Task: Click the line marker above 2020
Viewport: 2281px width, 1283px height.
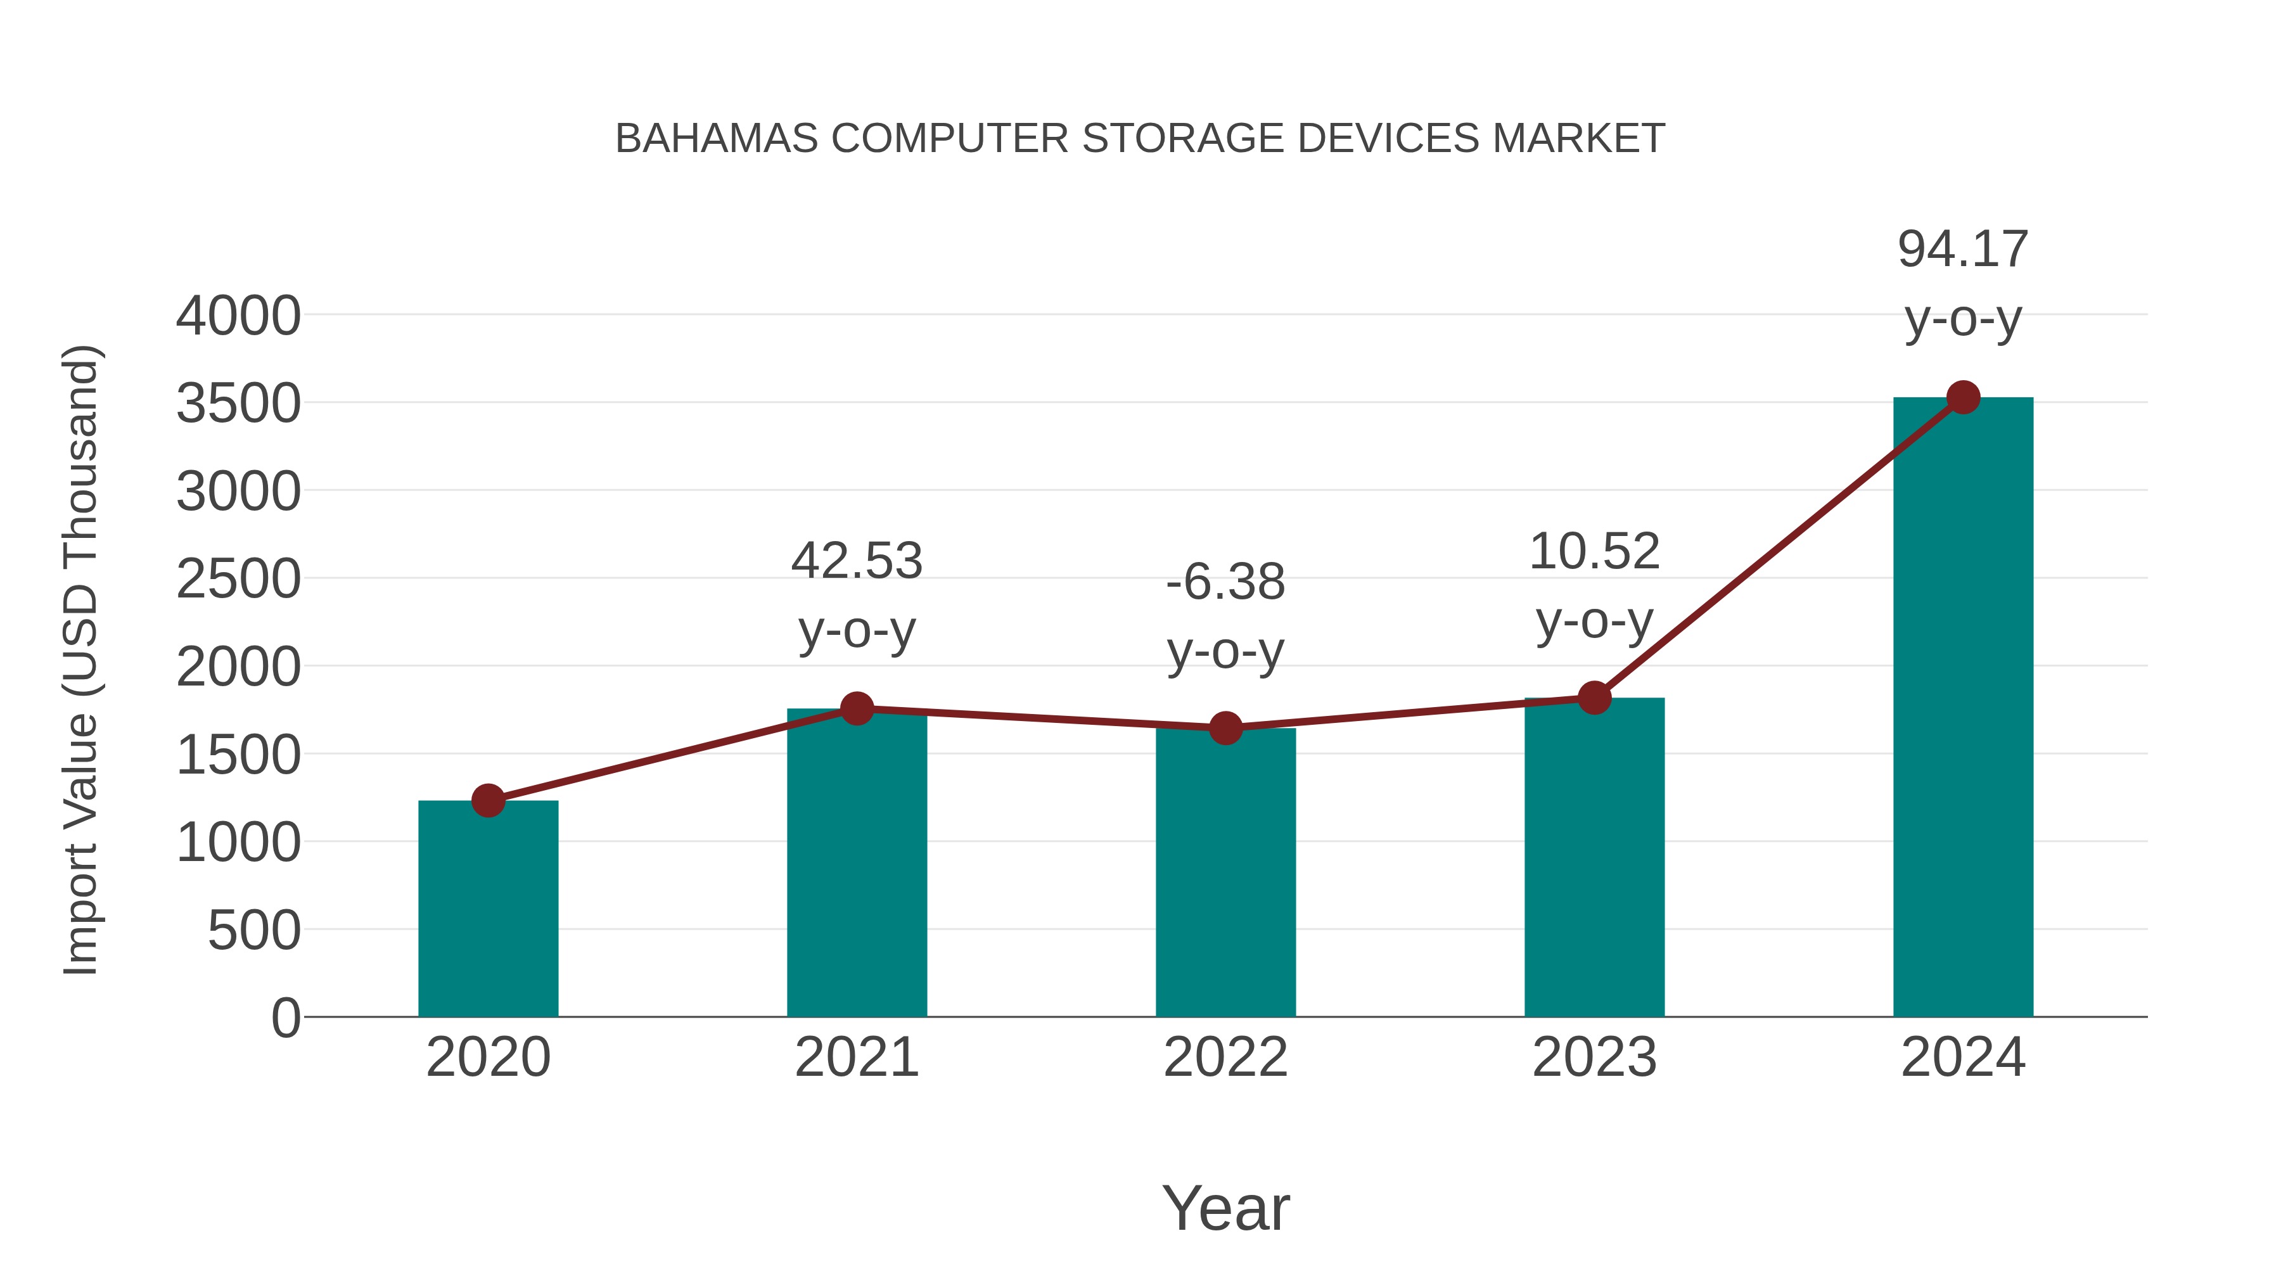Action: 488,800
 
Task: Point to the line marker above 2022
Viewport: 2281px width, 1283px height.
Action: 1225,728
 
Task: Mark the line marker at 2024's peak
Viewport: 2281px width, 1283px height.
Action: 1963,397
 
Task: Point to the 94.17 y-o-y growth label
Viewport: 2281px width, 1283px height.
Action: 1963,283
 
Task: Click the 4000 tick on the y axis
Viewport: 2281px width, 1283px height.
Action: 238,316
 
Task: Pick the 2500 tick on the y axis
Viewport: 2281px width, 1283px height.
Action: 238,580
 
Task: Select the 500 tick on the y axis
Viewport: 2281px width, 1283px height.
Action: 254,931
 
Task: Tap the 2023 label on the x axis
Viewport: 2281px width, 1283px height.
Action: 1594,1057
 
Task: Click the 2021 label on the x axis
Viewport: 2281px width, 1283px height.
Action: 856,1057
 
